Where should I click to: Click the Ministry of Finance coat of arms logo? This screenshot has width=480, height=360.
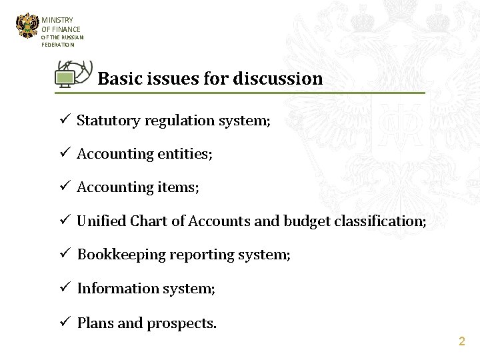(x=27, y=27)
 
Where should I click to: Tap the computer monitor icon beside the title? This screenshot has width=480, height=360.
(x=65, y=79)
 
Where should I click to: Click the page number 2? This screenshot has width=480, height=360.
(x=461, y=341)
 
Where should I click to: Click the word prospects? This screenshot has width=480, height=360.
(x=181, y=324)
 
